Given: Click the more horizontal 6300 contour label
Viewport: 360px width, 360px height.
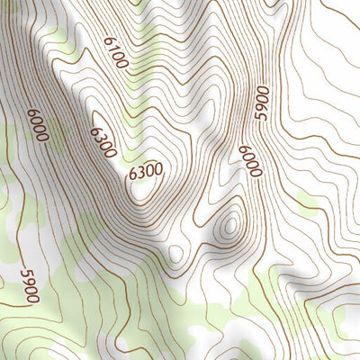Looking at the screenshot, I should [x=146, y=169].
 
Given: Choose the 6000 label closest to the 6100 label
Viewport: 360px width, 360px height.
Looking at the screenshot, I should [x=37, y=124].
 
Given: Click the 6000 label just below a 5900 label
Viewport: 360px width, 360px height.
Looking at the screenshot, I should [x=248, y=162].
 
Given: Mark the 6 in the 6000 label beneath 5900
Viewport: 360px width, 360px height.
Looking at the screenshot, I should [x=244, y=149].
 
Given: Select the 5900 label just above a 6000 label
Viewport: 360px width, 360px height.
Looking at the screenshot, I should [x=262, y=103].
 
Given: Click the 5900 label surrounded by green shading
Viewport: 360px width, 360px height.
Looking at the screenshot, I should [x=29, y=283].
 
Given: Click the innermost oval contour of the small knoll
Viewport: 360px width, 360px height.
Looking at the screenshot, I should [x=230, y=223].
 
